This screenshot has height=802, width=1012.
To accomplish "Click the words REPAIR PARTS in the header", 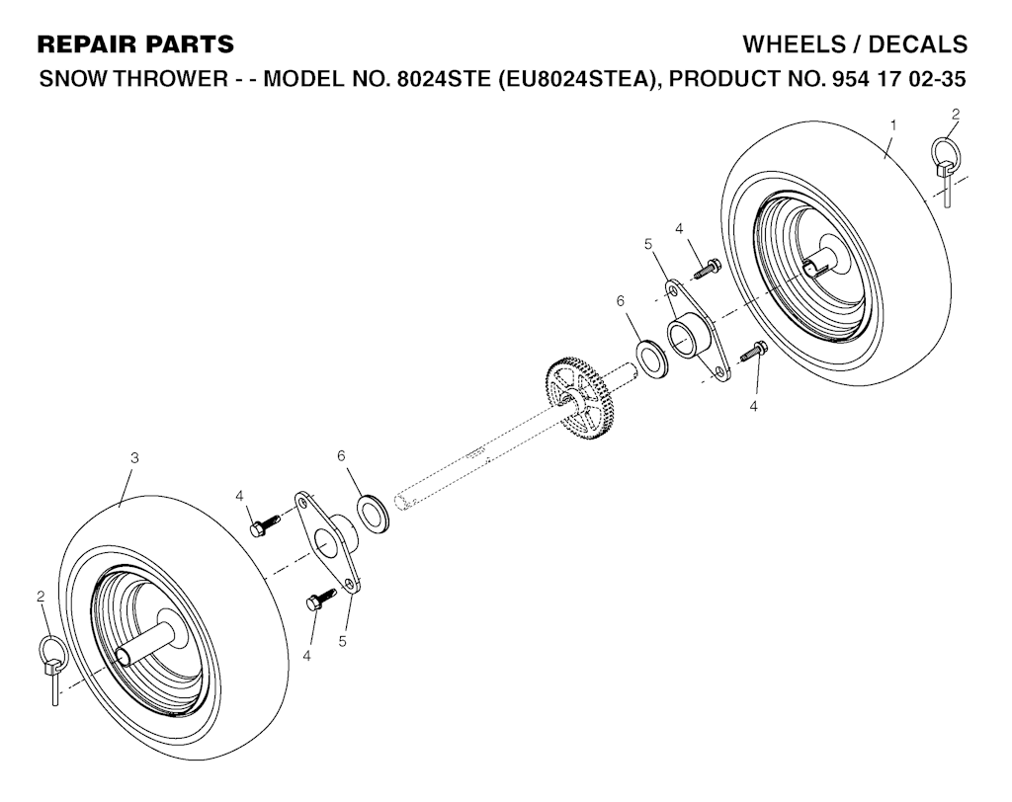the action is pyautogui.click(x=135, y=43).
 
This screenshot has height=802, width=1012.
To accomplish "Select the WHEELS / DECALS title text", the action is pyautogui.click(x=855, y=43).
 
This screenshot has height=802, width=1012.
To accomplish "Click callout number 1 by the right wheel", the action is pyautogui.click(x=893, y=125).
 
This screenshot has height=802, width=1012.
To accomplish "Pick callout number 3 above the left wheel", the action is pyautogui.click(x=134, y=458).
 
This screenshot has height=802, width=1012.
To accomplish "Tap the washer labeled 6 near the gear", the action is pyautogui.click(x=652, y=360).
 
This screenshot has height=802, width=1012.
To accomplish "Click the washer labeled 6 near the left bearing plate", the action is pyautogui.click(x=374, y=513).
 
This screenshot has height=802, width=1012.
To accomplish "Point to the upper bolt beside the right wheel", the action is pyautogui.click(x=708, y=269).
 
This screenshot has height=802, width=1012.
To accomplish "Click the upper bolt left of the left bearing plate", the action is pyautogui.click(x=265, y=523).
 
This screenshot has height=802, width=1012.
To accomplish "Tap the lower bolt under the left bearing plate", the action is pyautogui.click(x=321, y=599).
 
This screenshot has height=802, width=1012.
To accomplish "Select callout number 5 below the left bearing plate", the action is pyautogui.click(x=342, y=641).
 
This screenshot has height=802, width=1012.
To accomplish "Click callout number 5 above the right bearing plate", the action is pyautogui.click(x=648, y=244).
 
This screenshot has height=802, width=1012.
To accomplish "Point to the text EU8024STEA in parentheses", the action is pyautogui.click(x=573, y=79).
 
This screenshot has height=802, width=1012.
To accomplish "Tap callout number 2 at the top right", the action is pyautogui.click(x=956, y=115).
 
